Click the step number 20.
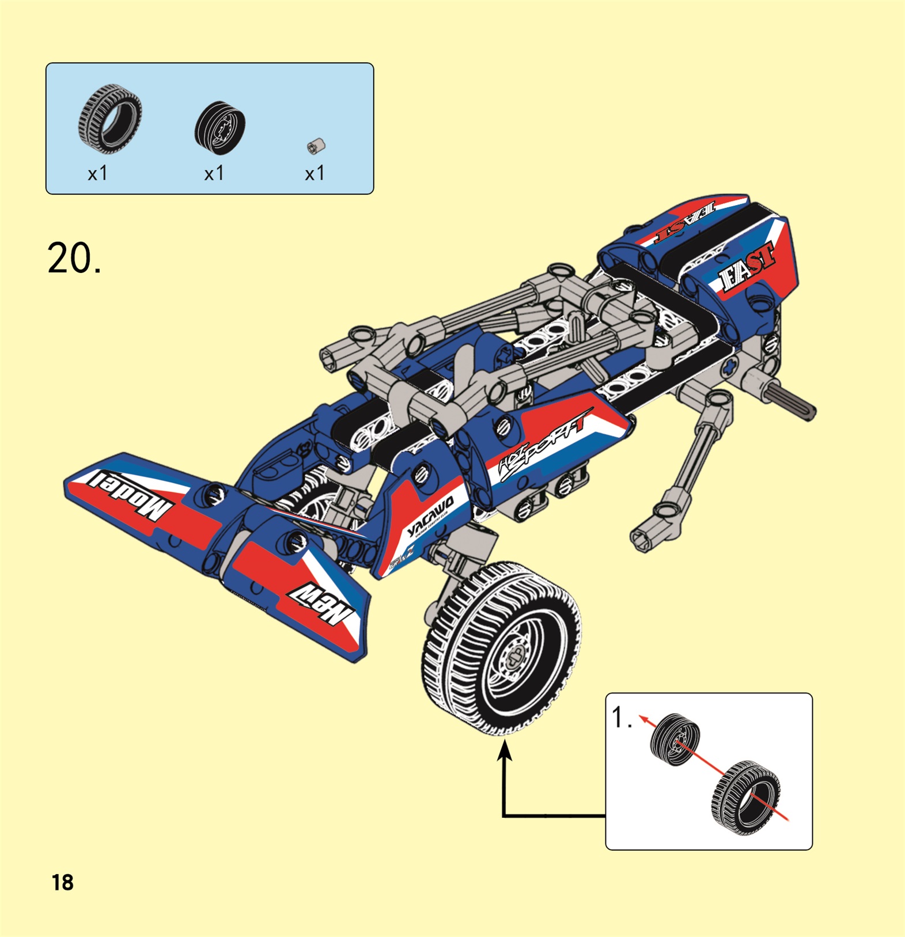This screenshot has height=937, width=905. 74,259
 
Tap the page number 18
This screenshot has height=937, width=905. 62,882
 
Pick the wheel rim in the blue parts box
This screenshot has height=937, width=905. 220,128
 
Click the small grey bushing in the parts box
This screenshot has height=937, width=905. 316,146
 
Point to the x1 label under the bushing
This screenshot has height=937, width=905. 315,173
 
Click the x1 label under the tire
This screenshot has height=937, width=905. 97,173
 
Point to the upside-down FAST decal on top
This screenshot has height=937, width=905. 686,221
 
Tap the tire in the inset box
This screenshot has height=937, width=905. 747,797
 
